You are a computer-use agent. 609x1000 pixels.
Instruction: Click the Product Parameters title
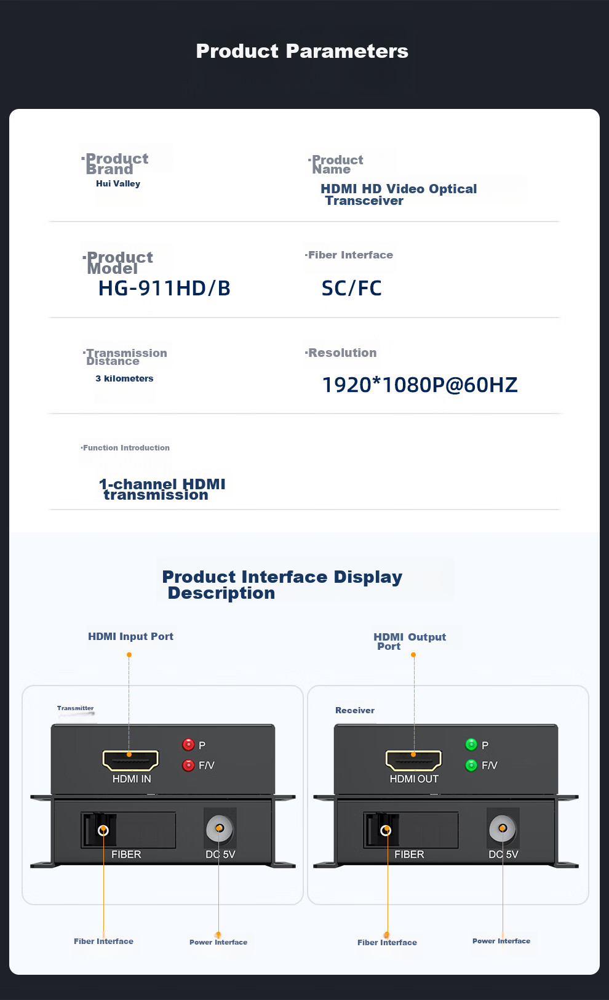(x=302, y=51)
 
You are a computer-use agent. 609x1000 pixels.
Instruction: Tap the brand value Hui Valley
(x=118, y=183)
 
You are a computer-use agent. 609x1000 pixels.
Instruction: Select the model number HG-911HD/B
(x=164, y=288)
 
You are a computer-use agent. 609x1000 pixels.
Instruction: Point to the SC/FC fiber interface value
(x=351, y=288)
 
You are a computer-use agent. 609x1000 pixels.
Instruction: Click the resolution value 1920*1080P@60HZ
(x=420, y=385)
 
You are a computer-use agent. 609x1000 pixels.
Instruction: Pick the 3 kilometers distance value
(x=124, y=378)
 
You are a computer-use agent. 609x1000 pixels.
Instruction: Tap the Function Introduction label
(x=125, y=448)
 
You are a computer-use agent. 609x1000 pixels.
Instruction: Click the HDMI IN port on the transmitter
(x=130, y=761)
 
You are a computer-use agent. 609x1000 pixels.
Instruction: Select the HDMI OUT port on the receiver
(x=413, y=761)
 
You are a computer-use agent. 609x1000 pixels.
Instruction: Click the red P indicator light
(x=188, y=745)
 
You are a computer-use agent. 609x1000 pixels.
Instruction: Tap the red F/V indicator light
(x=188, y=765)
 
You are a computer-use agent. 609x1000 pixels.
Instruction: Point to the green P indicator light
(x=471, y=745)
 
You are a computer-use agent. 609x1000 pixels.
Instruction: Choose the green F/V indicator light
(x=471, y=765)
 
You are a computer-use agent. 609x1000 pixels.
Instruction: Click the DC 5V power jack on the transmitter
(x=219, y=828)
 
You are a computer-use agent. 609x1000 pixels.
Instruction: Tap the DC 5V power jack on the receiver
(x=503, y=828)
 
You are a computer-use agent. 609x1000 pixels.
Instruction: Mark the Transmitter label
(x=76, y=708)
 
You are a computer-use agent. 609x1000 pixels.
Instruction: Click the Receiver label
(x=355, y=710)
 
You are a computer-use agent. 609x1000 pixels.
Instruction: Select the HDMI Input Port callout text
(x=130, y=636)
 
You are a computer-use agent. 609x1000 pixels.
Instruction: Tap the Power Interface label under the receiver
(x=501, y=941)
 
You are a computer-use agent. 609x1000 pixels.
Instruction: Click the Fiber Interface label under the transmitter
(x=103, y=941)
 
